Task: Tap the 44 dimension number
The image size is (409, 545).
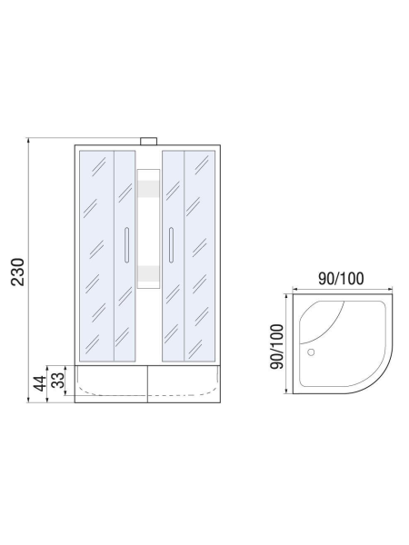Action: [x=39, y=382]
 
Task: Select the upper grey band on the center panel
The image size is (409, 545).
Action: [x=147, y=188]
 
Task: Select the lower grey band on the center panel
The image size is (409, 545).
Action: [x=147, y=273]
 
